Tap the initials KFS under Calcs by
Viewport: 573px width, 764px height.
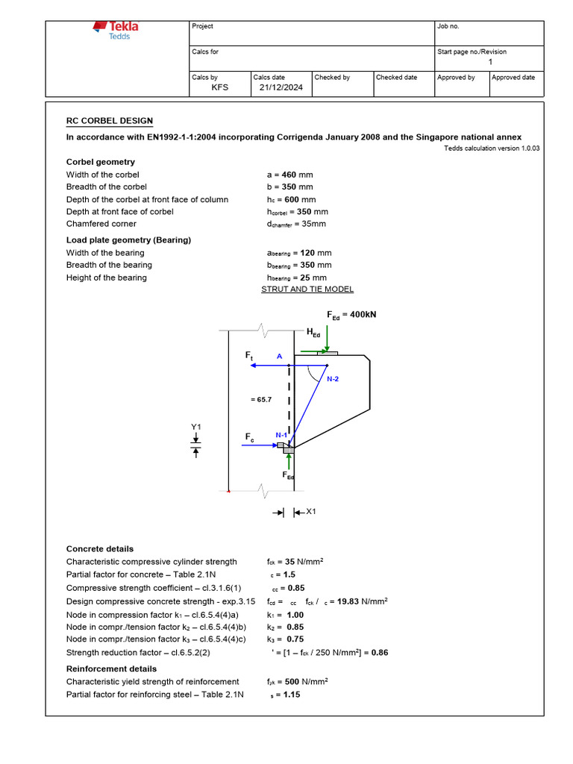[220, 87]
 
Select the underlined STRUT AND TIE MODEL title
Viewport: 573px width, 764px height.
[307, 289]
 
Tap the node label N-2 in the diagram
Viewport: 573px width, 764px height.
[333, 379]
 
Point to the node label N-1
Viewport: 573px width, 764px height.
[281, 435]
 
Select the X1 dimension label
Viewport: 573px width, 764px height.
[312, 512]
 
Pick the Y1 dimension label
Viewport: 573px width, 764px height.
[196, 427]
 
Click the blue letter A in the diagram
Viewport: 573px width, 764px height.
[280, 357]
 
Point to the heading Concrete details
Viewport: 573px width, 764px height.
[100, 549]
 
